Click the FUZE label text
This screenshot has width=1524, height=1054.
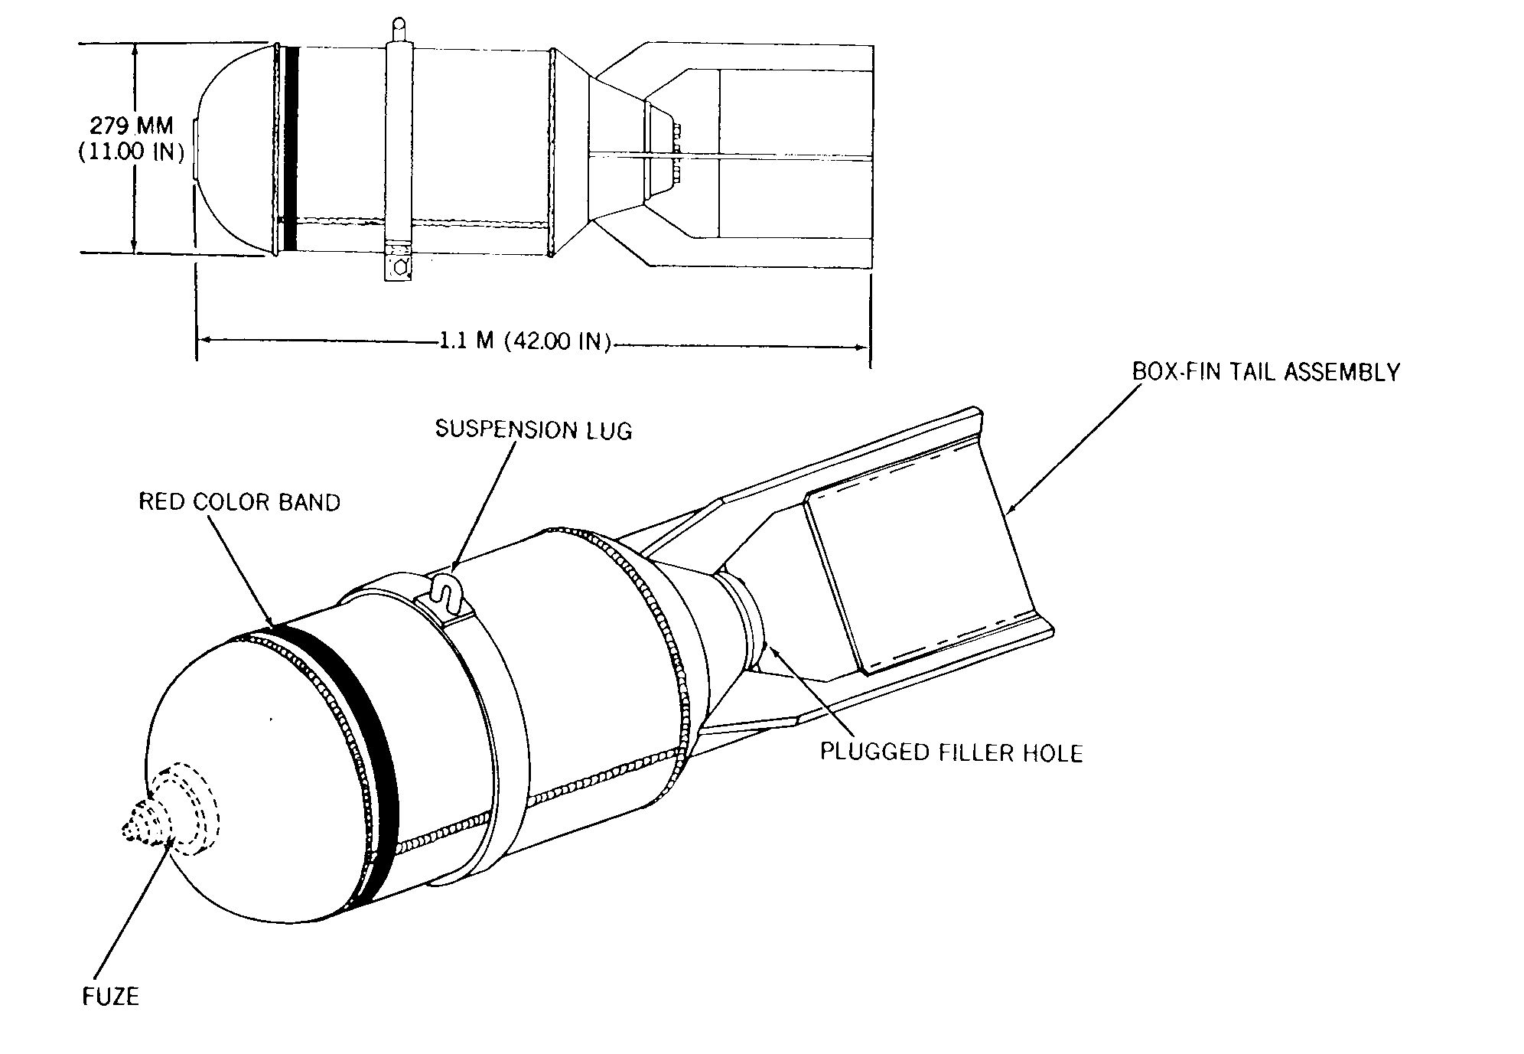pos(111,996)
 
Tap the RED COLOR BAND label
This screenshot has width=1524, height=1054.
pos(239,502)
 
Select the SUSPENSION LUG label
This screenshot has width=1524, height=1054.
pos(534,429)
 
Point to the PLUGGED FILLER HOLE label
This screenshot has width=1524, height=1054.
pos(952,752)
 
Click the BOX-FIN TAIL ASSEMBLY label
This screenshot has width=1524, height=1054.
pos(1266,372)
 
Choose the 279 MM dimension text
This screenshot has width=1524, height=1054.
pos(132,125)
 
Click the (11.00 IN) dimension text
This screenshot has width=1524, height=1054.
pos(131,152)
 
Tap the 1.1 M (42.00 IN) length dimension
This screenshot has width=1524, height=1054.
pos(525,341)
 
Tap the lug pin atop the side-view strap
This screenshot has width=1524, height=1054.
pos(398,31)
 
